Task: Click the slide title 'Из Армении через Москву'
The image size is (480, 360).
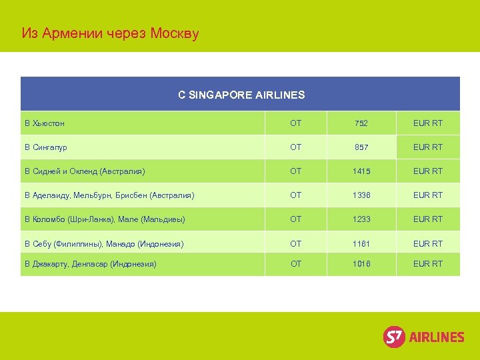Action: click(110, 33)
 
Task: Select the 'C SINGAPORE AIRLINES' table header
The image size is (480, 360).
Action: click(241, 95)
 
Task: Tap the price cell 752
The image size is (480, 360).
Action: click(361, 123)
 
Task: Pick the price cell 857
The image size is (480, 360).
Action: click(361, 147)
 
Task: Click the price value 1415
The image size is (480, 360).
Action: click(361, 171)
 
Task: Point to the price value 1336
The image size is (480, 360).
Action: click(361, 195)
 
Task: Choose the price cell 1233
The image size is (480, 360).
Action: click(361, 219)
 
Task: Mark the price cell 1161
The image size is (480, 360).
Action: click(361, 244)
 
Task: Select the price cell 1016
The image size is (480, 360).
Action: click(361, 264)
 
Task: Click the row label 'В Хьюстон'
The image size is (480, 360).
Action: click(45, 123)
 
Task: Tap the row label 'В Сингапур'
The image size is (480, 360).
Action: click(46, 147)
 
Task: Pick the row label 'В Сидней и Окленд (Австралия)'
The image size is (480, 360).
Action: click(85, 171)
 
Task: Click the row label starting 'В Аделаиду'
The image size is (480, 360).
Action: click(109, 195)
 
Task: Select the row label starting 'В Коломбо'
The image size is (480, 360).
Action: click(105, 219)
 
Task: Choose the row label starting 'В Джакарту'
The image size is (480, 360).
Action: click(91, 264)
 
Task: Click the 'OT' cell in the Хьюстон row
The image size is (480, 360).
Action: click(296, 123)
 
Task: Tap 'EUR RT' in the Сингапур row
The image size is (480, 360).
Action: click(428, 147)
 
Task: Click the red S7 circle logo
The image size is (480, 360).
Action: click(394, 337)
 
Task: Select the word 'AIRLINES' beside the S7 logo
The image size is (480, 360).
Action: click(437, 337)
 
